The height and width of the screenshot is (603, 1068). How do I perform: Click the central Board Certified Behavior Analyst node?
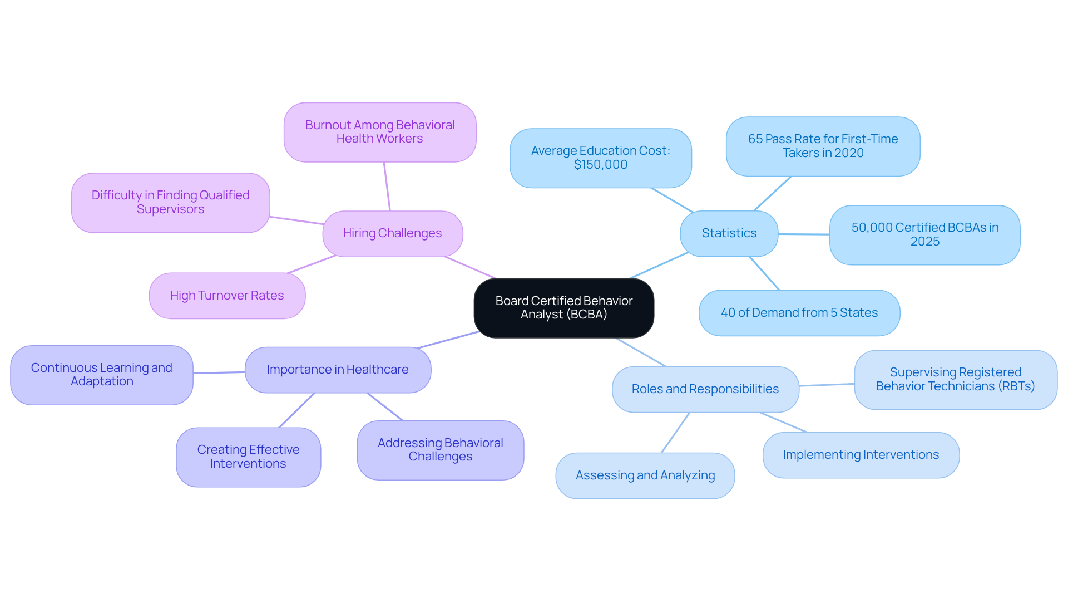click(x=563, y=308)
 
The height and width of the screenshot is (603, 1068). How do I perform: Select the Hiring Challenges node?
click(x=392, y=233)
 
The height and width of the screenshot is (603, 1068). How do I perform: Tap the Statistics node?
click(x=729, y=233)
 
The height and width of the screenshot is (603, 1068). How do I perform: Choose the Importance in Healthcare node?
click(x=338, y=370)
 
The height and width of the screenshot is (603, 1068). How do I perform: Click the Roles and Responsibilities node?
click(x=705, y=389)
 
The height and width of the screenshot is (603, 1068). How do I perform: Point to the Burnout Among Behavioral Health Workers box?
click(x=380, y=132)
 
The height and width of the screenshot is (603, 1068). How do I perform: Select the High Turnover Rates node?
click(x=227, y=296)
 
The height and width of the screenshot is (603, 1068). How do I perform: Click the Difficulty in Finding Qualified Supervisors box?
click(x=170, y=202)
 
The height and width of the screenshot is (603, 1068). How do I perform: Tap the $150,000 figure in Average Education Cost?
click(x=600, y=165)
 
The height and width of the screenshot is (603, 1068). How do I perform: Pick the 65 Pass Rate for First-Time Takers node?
click(x=823, y=146)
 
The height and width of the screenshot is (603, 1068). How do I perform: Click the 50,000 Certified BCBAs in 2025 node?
click(x=924, y=234)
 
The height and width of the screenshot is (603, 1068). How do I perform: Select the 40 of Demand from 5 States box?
click(x=799, y=313)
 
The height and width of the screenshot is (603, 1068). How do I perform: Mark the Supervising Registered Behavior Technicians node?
click(x=955, y=380)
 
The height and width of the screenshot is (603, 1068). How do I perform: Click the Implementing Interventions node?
click(x=861, y=455)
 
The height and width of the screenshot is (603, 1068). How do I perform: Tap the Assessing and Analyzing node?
click(x=645, y=475)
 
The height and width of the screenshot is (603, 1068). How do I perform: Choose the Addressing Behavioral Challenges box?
click(x=440, y=450)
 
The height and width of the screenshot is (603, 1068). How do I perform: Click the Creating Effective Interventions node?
click(x=248, y=457)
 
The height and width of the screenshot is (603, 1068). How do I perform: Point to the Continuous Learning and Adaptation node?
click(x=102, y=375)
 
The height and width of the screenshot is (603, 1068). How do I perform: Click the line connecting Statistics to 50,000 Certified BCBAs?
click(x=804, y=234)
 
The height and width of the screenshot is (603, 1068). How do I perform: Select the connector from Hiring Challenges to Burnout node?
click(x=387, y=187)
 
